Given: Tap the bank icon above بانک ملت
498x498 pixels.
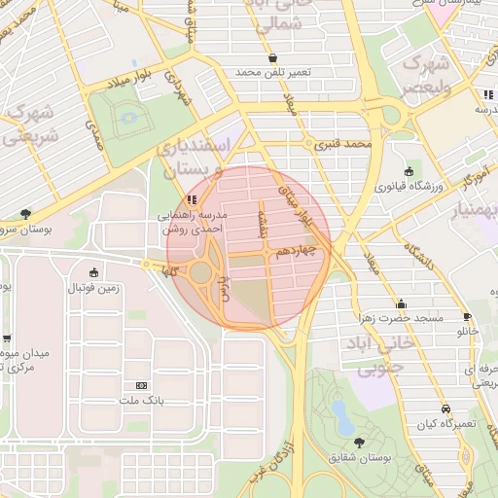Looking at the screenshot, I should pos(142,386).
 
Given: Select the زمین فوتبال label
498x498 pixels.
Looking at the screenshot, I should pos(92,287).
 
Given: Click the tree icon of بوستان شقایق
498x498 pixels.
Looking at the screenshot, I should pos(361,443).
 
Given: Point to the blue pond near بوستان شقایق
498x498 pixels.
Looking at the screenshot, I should pos(342,417).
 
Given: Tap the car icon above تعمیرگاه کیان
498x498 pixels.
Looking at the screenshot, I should pos(445,409).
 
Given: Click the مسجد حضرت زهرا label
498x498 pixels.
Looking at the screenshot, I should pos(402,318).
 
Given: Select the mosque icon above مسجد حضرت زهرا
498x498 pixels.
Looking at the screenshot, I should pos(402,303).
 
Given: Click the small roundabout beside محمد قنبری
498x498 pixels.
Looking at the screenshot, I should pos(310,145).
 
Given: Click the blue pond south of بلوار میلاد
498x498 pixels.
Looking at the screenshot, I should pos(128,119).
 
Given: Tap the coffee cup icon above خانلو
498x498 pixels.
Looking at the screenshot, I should pos(467,317).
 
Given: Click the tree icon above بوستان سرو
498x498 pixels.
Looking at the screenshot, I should pos(24,214).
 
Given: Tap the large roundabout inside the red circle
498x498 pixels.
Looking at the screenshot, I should pos(201,271).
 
